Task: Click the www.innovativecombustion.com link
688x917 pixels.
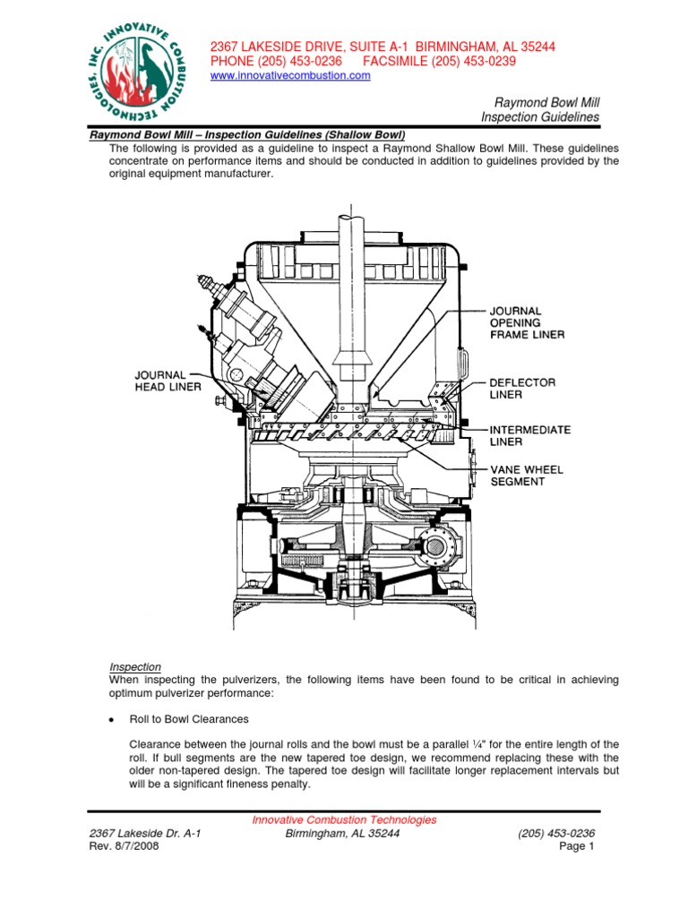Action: pyautogui.click(x=289, y=76)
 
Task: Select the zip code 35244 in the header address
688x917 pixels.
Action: pyautogui.click(x=537, y=46)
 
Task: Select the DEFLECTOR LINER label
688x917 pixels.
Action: pyautogui.click(x=523, y=388)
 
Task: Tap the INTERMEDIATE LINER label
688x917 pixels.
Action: pyautogui.click(x=529, y=435)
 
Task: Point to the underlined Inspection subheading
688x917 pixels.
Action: pyautogui.click(x=134, y=666)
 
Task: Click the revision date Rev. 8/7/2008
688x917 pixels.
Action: pyautogui.click(x=125, y=846)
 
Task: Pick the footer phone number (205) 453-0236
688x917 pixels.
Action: pyautogui.click(x=556, y=833)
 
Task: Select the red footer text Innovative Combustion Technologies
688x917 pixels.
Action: pyautogui.click(x=344, y=819)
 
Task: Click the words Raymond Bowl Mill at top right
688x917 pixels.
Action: pyautogui.click(x=546, y=103)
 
